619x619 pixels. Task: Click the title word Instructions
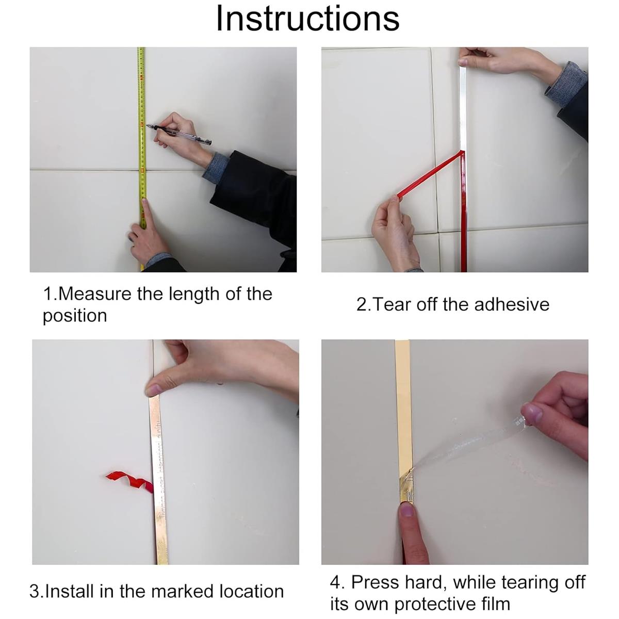point(308,18)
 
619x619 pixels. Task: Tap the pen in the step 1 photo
point(178,135)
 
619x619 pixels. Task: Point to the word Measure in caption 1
point(95,294)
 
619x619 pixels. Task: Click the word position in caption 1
point(75,316)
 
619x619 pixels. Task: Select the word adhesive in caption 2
point(511,304)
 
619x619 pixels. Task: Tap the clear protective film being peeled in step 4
point(466,447)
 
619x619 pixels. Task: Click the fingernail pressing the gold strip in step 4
point(406,510)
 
